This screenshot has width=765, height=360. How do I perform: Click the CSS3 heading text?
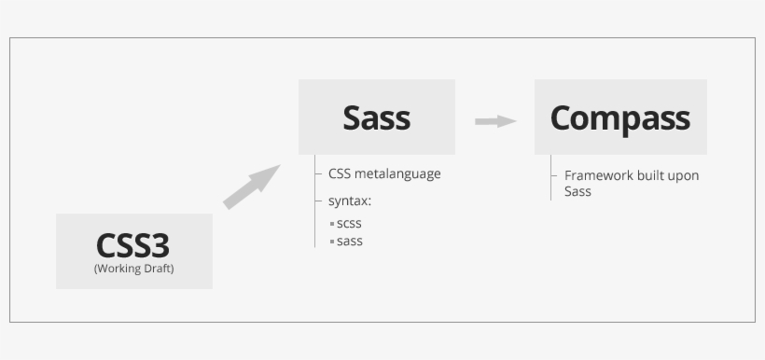[x=133, y=246]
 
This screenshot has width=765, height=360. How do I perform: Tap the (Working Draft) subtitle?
[x=133, y=269]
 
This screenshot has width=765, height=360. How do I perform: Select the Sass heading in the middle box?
[x=376, y=118]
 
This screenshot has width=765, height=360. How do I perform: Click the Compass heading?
[x=619, y=118]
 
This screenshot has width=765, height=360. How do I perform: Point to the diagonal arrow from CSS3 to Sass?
[x=252, y=187]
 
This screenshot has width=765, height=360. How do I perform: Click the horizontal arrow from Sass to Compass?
[x=495, y=121]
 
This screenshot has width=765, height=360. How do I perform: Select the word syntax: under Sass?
[x=350, y=201]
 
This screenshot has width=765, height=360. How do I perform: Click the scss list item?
[x=349, y=224]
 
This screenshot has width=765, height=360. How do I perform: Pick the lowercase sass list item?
[x=350, y=242]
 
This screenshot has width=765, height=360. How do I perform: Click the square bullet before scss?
[x=332, y=225]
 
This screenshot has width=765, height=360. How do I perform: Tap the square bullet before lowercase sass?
[x=332, y=242]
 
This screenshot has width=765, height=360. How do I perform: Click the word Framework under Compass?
[x=598, y=175]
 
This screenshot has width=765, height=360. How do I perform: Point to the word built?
[x=650, y=175]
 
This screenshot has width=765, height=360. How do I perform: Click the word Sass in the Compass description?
[x=577, y=191]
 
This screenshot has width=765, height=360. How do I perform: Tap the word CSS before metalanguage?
[x=340, y=174]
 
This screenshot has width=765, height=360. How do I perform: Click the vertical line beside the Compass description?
[x=550, y=177]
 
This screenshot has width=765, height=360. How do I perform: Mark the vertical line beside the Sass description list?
[x=315, y=201]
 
